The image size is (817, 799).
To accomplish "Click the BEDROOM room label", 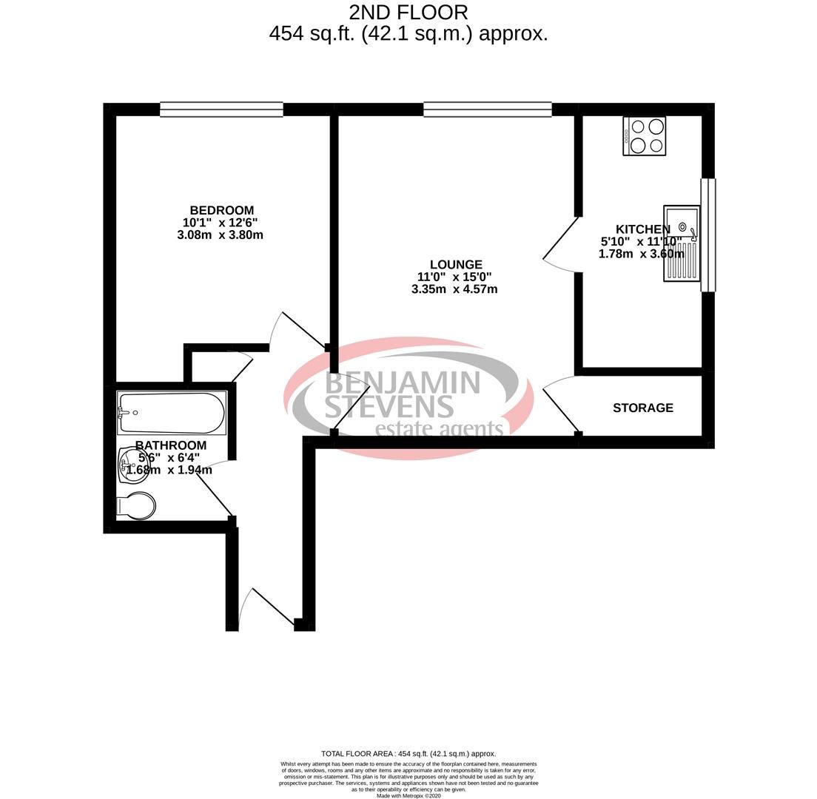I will click(221, 211).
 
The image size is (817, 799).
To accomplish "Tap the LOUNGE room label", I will click(457, 265).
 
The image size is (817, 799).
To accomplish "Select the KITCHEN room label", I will click(643, 230).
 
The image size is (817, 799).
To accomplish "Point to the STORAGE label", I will click(642, 408).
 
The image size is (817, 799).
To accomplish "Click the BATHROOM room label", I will click(170, 445).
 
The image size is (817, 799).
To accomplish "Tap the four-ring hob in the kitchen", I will click(645, 136).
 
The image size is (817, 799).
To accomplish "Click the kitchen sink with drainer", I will click(682, 243).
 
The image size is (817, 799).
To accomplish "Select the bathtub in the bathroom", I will click(172, 414).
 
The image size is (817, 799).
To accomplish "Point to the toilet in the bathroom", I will click(137, 506).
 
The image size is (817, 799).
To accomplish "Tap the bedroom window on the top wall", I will click(221, 109).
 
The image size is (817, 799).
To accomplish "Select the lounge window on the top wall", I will click(488, 109).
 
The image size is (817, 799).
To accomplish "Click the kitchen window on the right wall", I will click(708, 235).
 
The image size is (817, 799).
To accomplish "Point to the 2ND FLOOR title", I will click(408, 13).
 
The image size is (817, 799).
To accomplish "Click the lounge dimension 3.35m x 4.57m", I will click(454, 289).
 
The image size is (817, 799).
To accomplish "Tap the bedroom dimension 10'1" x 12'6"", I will click(221, 223).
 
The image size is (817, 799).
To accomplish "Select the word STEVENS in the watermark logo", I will click(389, 407).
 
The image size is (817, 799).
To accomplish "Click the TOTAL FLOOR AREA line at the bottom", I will click(408, 753).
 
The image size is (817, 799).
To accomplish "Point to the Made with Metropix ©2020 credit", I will click(408, 795).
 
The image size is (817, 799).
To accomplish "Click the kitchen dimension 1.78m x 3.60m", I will click(641, 254).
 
